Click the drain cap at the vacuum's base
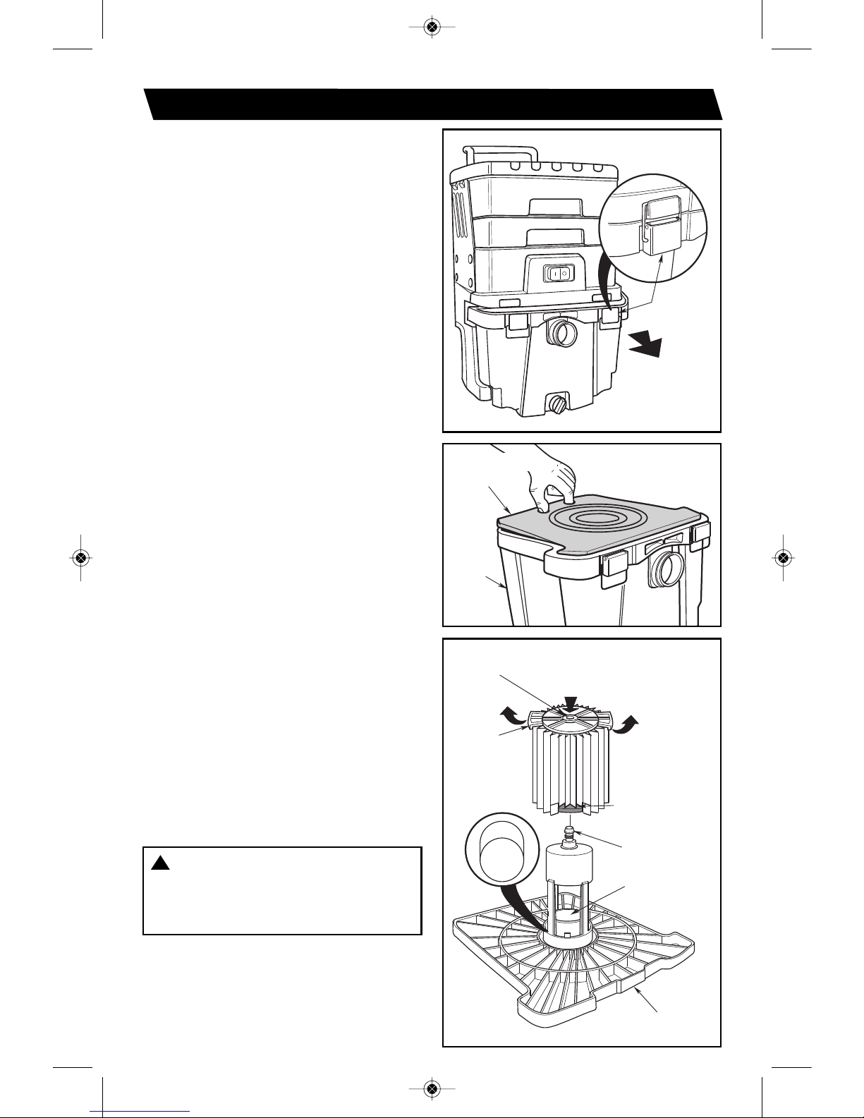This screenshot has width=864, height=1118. coord(559,404)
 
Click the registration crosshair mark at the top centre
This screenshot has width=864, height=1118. coord(432,27)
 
